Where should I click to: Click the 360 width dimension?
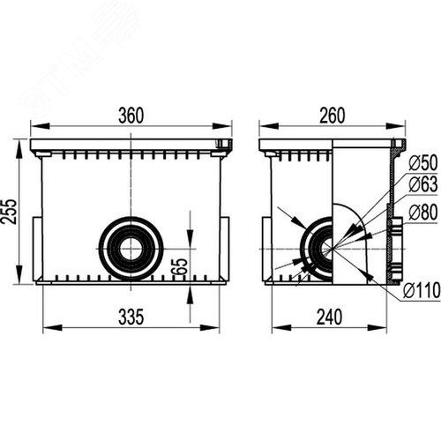pos(131,116)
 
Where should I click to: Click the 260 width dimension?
pos(333,116)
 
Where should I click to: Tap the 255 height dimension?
pos(9,212)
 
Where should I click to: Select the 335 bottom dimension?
pos(131,317)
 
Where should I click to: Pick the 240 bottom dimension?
pos(329,317)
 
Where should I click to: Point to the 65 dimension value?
pos(180,266)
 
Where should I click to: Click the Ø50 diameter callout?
pos(422,162)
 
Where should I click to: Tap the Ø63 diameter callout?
pos(422,184)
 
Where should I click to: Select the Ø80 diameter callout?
pos(422,213)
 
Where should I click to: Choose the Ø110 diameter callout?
pos(422,290)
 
